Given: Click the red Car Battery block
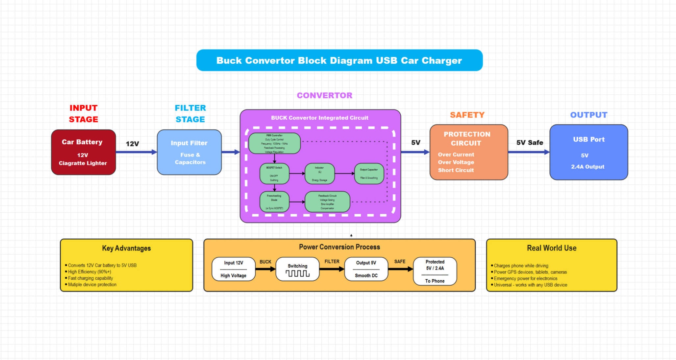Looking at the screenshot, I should point(83,152).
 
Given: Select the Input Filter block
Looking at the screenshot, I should point(189,152).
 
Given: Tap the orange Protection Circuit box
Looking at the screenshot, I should point(468,152).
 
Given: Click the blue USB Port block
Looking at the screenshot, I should point(588,152).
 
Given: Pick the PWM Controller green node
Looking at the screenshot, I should point(274,143).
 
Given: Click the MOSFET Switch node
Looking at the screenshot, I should point(274,174).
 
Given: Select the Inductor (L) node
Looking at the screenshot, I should point(319,174).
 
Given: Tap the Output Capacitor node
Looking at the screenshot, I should point(369,174).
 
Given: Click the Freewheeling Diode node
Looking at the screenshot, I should point(274,202).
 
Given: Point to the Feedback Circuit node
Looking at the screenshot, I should point(327,202).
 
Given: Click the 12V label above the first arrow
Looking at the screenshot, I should point(132,144).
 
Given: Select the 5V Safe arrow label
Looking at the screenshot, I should point(529,142).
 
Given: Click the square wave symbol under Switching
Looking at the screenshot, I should point(297,274).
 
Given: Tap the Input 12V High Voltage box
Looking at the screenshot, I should point(234,269).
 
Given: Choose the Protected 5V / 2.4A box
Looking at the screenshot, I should point(435,271).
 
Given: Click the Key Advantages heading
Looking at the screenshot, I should point(126,248).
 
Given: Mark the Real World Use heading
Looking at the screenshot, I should point(551,248).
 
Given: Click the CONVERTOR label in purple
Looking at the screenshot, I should point(324,95).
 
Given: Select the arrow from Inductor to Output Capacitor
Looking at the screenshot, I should point(344,173).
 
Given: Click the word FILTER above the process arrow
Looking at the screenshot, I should point(332,261).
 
